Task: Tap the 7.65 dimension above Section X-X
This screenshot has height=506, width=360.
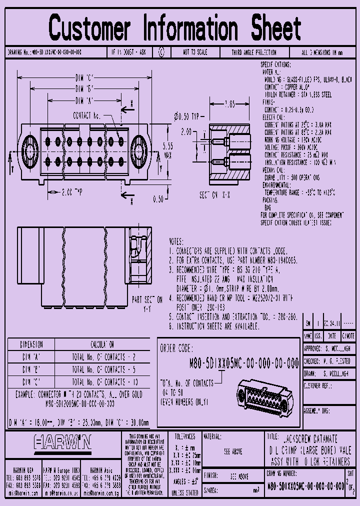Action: (x=229, y=104)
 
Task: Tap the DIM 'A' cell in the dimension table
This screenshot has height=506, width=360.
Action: (x=31, y=357)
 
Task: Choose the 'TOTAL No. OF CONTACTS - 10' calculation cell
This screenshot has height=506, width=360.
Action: (x=98, y=381)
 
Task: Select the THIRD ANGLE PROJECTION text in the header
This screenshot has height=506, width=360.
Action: (x=253, y=52)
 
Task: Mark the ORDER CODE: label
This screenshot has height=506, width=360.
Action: (x=177, y=348)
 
